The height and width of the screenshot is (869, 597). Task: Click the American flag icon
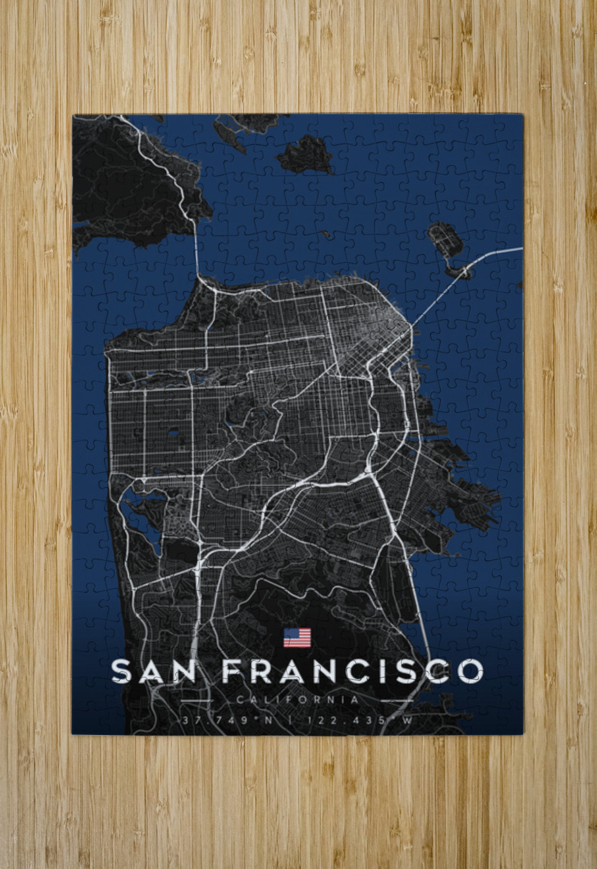[x=297, y=637]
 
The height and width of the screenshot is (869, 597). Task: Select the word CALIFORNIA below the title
[x=298, y=700]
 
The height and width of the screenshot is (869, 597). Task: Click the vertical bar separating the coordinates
[x=291, y=720]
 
